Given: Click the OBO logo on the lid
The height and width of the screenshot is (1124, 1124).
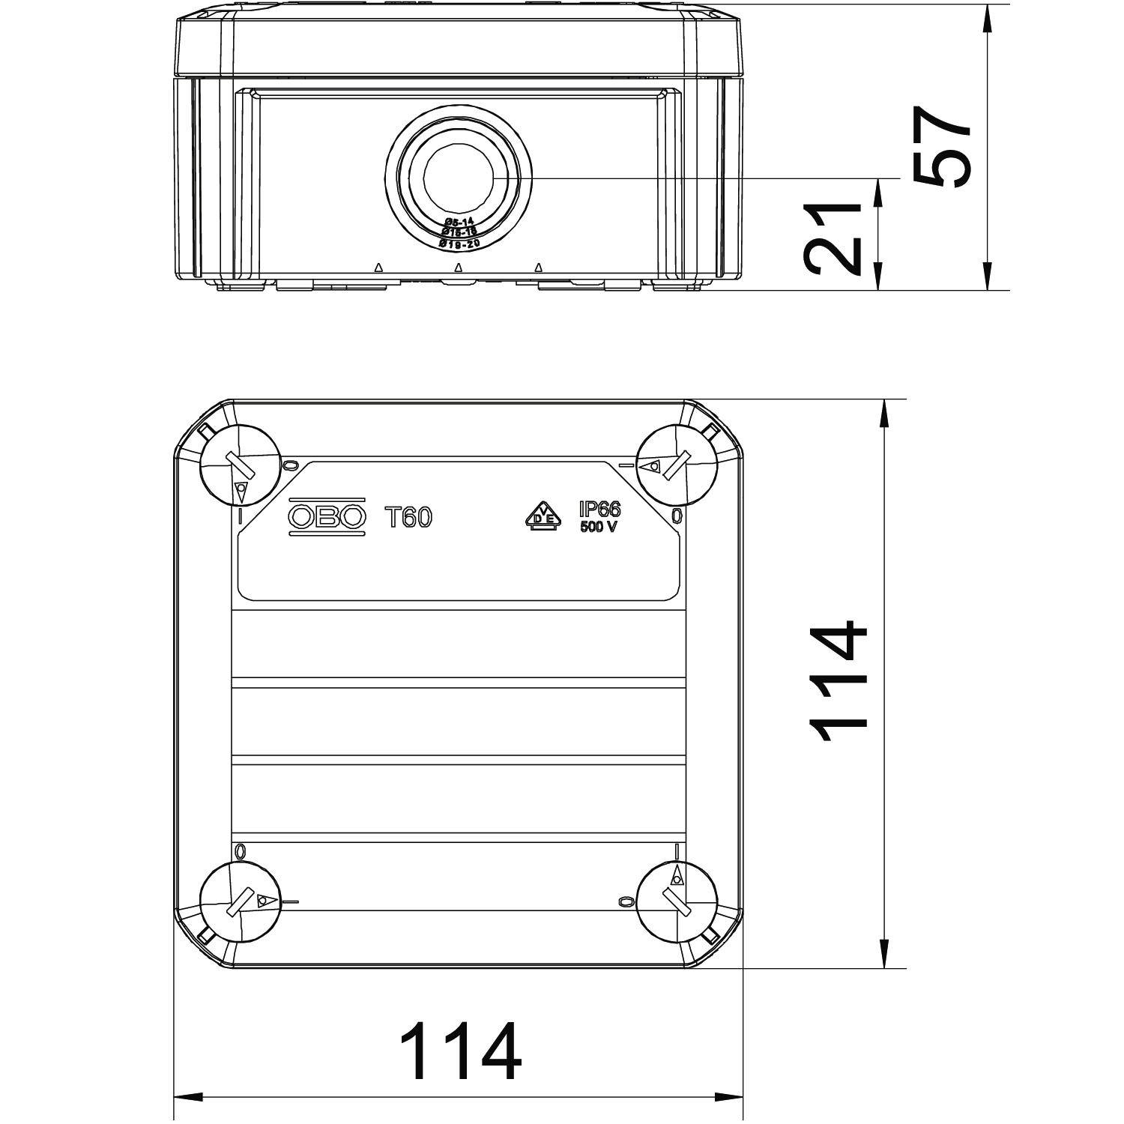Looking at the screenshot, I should pos(327,516).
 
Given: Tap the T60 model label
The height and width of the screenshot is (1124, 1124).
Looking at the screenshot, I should pos(408,517).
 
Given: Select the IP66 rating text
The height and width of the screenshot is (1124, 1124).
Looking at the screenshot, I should pos(599,510).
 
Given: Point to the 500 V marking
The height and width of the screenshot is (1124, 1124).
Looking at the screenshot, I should pos(599,527).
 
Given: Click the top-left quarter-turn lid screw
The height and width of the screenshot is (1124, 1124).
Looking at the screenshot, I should pos(240,465).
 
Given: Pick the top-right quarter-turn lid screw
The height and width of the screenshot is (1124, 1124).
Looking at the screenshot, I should pos(676,465).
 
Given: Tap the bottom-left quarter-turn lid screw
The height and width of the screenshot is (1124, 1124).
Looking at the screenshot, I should pos(240,901).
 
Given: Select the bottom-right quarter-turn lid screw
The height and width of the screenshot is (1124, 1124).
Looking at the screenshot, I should pos(676,901).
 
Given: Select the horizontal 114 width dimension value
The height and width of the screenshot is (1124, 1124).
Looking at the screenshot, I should pos(459,1050).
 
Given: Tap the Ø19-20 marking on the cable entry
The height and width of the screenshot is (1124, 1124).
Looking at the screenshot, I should pos(458,244).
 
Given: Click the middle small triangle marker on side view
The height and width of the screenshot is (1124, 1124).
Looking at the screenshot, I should pos(458,268).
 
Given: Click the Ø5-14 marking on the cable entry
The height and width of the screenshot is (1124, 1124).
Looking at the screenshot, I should pos(458,223).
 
